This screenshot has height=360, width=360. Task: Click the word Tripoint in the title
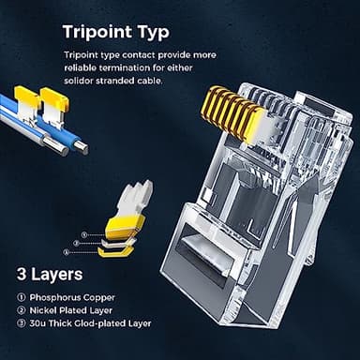[x=99, y=32]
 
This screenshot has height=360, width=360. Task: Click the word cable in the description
[x=153, y=80]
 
